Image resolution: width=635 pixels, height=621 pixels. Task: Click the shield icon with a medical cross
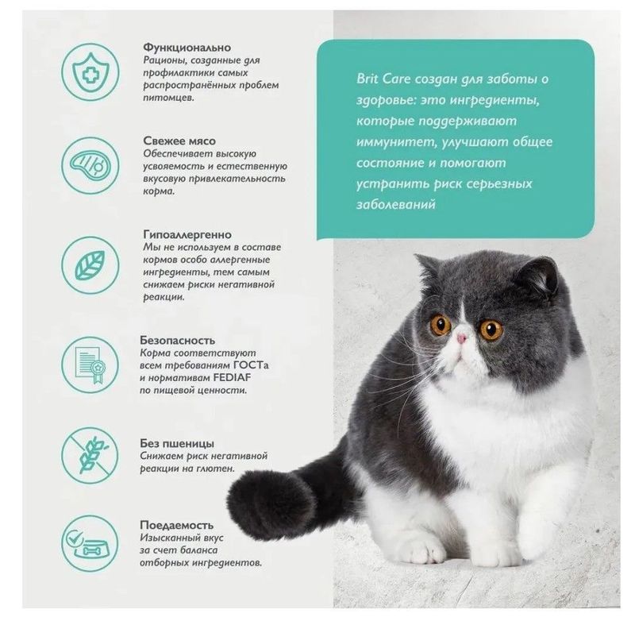90,72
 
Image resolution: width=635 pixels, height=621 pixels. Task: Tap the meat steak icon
90,165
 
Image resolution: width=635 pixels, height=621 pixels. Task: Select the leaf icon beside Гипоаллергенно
90,265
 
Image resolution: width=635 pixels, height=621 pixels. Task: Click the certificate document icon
90,364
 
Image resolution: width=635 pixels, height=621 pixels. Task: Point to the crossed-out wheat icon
90,455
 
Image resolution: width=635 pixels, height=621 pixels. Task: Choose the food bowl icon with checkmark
90,544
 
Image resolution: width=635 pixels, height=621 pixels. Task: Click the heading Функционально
187,48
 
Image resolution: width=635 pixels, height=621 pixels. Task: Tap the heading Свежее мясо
179,141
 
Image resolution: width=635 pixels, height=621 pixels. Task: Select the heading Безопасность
177,340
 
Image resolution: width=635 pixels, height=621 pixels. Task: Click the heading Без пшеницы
177,443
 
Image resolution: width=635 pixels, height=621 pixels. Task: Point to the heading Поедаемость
176,525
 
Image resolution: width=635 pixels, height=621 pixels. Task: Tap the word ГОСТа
251,365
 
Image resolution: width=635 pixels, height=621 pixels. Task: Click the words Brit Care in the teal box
383,79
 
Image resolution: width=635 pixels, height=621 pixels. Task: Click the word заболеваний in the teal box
396,204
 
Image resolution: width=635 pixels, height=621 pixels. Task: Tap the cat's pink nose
462,338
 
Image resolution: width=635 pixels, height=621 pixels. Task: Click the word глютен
215,469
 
